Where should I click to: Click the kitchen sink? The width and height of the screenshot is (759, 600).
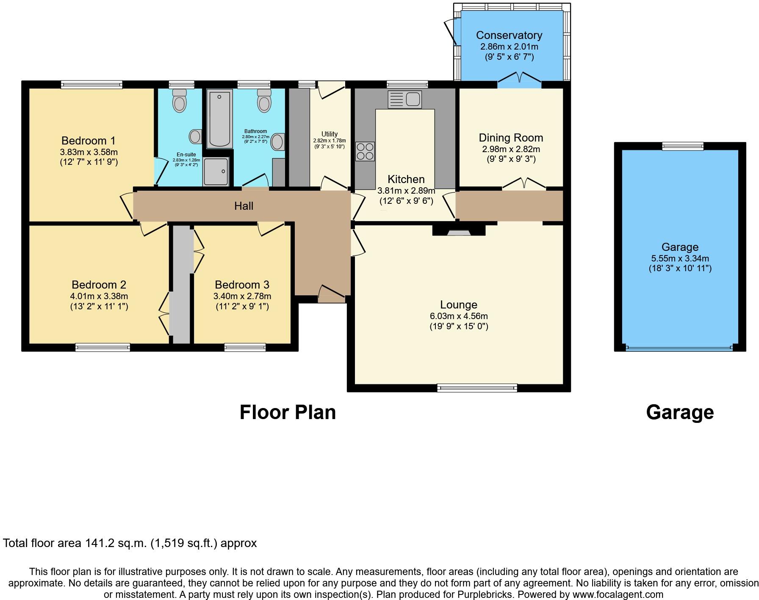click(x=404, y=100)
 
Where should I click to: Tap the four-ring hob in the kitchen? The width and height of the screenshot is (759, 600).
click(x=365, y=151)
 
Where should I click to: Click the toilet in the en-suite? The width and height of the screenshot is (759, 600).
click(x=180, y=100)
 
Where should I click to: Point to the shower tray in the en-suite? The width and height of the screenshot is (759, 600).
click(x=216, y=172)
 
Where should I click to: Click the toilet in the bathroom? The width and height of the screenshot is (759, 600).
click(x=264, y=100)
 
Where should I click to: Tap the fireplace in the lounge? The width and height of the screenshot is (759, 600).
click(x=459, y=231)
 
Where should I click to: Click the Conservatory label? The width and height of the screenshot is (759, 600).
click(x=509, y=35)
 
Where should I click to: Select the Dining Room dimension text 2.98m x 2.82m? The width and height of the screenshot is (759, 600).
click(x=511, y=149)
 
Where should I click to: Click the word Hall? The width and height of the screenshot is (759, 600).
click(x=244, y=206)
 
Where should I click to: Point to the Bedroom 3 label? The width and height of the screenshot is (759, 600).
click(x=242, y=285)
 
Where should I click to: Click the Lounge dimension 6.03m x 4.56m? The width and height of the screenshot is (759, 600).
click(x=459, y=316)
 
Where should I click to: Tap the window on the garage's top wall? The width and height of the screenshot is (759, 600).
click(x=683, y=146)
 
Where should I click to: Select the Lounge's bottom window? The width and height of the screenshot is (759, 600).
click(x=477, y=387)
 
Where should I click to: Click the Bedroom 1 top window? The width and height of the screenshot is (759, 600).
click(x=91, y=85)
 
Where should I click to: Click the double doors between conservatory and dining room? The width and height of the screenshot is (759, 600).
click(x=519, y=80)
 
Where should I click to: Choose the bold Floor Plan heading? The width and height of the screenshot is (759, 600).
click(x=288, y=412)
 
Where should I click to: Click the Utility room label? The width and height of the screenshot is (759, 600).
click(x=330, y=134)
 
